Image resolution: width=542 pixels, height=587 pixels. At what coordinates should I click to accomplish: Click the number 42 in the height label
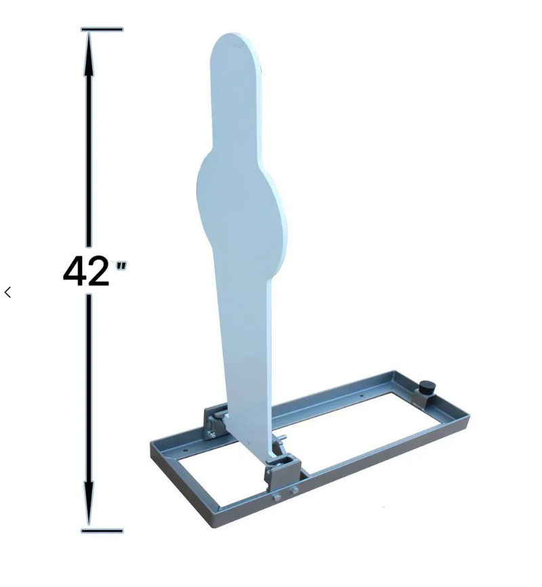[x=86, y=271]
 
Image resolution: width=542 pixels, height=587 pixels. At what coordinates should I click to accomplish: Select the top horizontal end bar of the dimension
[x=102, y=30]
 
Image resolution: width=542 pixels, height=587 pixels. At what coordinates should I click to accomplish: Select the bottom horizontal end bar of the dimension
[x=102, y=531]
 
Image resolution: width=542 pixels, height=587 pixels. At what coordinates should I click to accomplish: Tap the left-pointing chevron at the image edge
[x=8, y=292]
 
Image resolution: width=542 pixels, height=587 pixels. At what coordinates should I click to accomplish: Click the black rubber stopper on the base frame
[x=428, y=388]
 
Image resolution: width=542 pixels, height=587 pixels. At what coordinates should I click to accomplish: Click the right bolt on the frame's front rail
[x=294, y=490]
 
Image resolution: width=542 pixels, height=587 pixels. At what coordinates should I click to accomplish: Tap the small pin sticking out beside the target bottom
[x=285, y=437]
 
